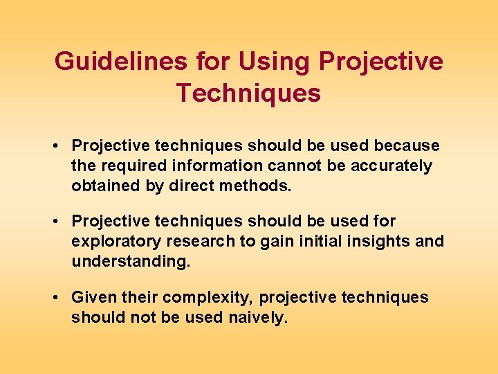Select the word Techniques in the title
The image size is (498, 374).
point(248,93)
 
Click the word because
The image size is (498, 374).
point(407,146)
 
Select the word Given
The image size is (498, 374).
point(94,298)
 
